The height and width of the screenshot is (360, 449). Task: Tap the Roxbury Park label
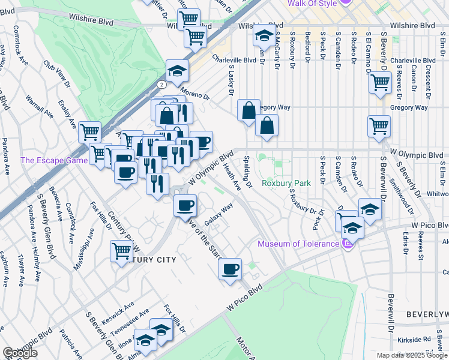coord(286,183)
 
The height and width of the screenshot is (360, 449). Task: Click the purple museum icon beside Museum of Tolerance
coord(346,243)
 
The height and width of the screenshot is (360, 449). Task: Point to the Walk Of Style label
coord(312,4)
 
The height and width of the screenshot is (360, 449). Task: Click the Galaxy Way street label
coord(219,213)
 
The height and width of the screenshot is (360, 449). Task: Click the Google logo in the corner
coord(20,353)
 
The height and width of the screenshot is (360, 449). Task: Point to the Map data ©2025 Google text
coord(412,355)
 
